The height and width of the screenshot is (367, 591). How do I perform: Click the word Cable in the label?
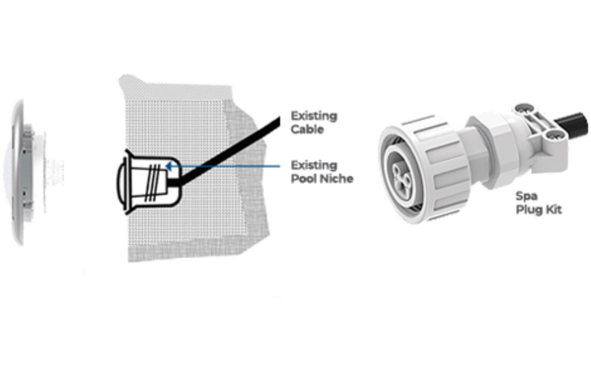[307, 129]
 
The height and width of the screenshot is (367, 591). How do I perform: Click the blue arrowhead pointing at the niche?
[169, 166]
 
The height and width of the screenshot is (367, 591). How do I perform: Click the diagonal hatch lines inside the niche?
[153, 182]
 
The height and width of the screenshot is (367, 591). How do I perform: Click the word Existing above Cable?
[314, 116]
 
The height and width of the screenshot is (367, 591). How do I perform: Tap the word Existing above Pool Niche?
[314, 165]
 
